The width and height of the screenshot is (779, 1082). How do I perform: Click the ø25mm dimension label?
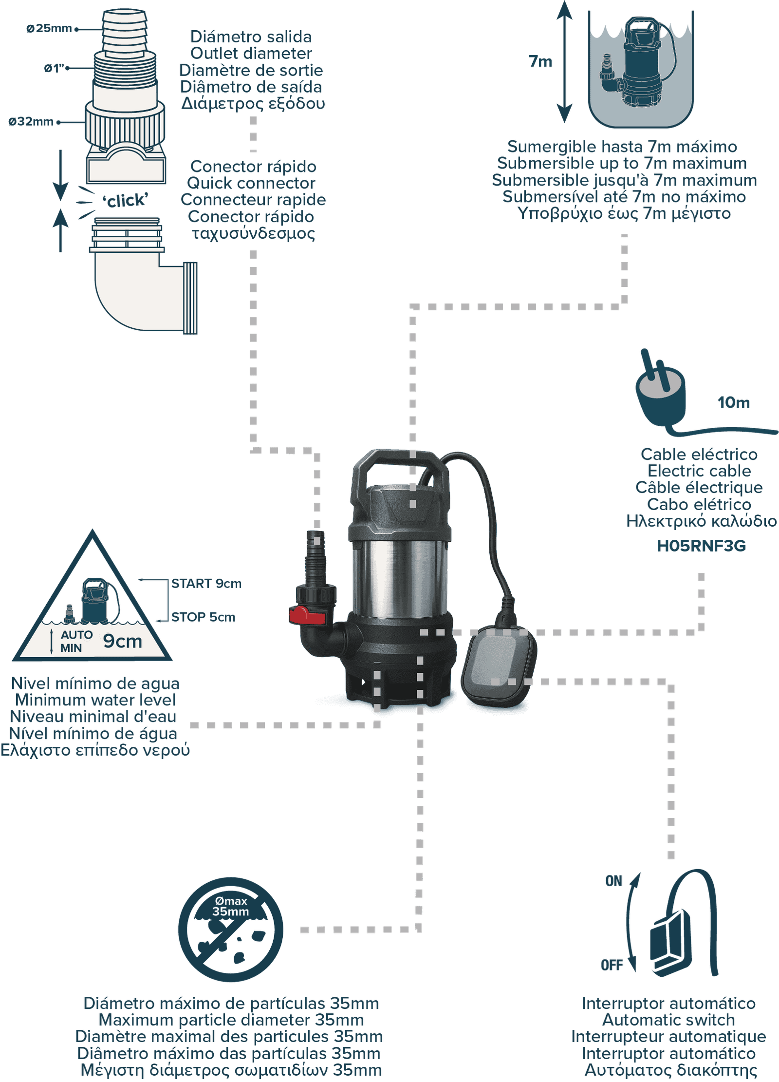tap(49, 29)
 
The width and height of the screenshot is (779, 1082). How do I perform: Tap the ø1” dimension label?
tap(54, 68)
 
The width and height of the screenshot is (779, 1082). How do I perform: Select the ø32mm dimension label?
tap(31, 121)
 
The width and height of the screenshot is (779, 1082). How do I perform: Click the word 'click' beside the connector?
tap(125, 200)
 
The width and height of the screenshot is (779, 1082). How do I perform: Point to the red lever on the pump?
tap(307, 615)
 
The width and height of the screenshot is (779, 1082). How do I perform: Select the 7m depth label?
tap(540, 61)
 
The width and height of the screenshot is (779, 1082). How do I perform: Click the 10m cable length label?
tap(733, 402)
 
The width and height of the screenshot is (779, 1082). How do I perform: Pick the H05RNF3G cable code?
tap(701, 546)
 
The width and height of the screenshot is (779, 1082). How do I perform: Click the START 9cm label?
tap(206, 584)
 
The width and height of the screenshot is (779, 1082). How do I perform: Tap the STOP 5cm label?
tap(203, 617)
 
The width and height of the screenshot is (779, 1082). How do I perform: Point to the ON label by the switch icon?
tap(613, 881)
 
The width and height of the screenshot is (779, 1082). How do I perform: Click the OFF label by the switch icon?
tap(612, 965)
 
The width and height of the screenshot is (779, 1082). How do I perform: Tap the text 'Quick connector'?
tap(251, 183)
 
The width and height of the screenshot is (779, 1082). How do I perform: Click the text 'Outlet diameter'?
tap(251, 53)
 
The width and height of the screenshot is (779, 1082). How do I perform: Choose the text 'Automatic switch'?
tap(668, 1020)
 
